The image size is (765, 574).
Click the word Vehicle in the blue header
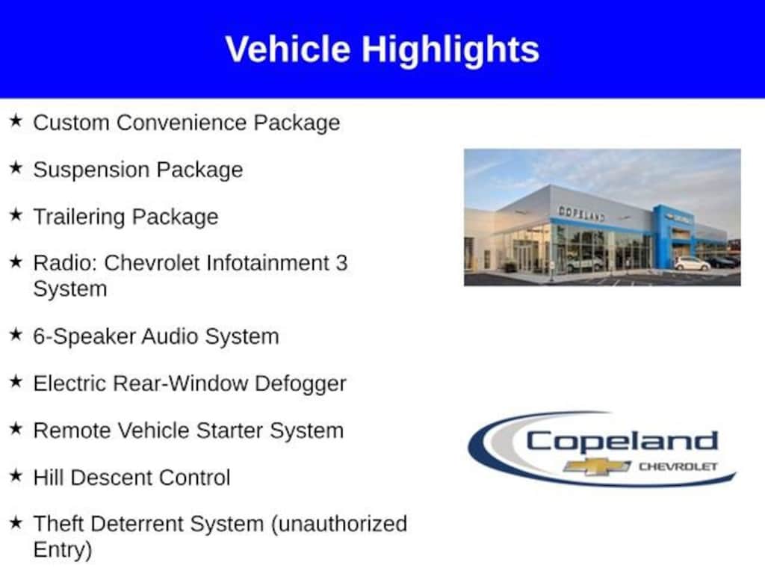pos(288,49)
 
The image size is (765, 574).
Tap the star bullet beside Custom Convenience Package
pos(16,120)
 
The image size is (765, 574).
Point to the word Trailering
pos(78,217)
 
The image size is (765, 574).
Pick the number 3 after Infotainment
pos(341,262)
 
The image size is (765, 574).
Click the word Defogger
pos(300,383)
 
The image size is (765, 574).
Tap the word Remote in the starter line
pos(72,430)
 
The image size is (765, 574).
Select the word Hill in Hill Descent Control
pos(49,478)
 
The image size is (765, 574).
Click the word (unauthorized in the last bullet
pos(339,524)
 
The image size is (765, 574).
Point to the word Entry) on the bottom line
pos(63,550)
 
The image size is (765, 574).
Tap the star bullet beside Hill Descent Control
pos(16,475)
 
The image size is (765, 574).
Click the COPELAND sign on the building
pos(581,213)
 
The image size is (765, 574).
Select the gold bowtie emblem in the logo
pos(597,466)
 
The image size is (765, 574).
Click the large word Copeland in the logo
pos(622,441)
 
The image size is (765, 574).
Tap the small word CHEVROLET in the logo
pos(678,466)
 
